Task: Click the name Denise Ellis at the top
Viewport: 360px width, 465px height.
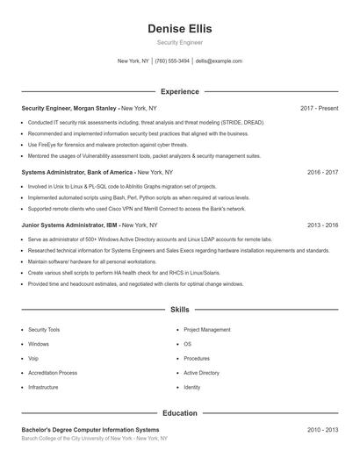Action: pyautogui.click(x=180, y=29)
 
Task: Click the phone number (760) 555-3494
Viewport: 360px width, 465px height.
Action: pyautogui.click(x=172, y=61)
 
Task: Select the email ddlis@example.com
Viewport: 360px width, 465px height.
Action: pyautogui.click(x=219, y=61)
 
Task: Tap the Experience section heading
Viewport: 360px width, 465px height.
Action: pyautogui.click(x=180, y=91)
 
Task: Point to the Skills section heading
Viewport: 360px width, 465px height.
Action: pyautogui.click(x=180, y=310)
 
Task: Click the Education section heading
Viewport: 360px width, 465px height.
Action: pyautogui.click(x=180, y=412)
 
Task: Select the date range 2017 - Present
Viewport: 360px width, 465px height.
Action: pyautogui.click(x=319, y=108)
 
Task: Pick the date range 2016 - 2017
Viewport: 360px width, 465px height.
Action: pyautogui.click(x=322, y=173)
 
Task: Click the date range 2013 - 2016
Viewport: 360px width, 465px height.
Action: pyautogui.click(x=322, y=225)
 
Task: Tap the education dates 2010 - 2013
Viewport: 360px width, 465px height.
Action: pyautogui.click(x=322, y=430)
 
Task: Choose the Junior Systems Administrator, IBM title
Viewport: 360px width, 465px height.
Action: pyautogui.click(x=75, y=225)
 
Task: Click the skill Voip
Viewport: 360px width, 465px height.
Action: pyautogui.click(x=33, y=358)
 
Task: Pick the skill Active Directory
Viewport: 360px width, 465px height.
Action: pyautogui.click(x=201, y=373)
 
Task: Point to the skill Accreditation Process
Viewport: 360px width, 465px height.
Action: pyautogui.click(x=53, y=373)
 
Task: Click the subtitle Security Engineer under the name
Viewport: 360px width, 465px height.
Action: pyautogui.click(x=180, y=42)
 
